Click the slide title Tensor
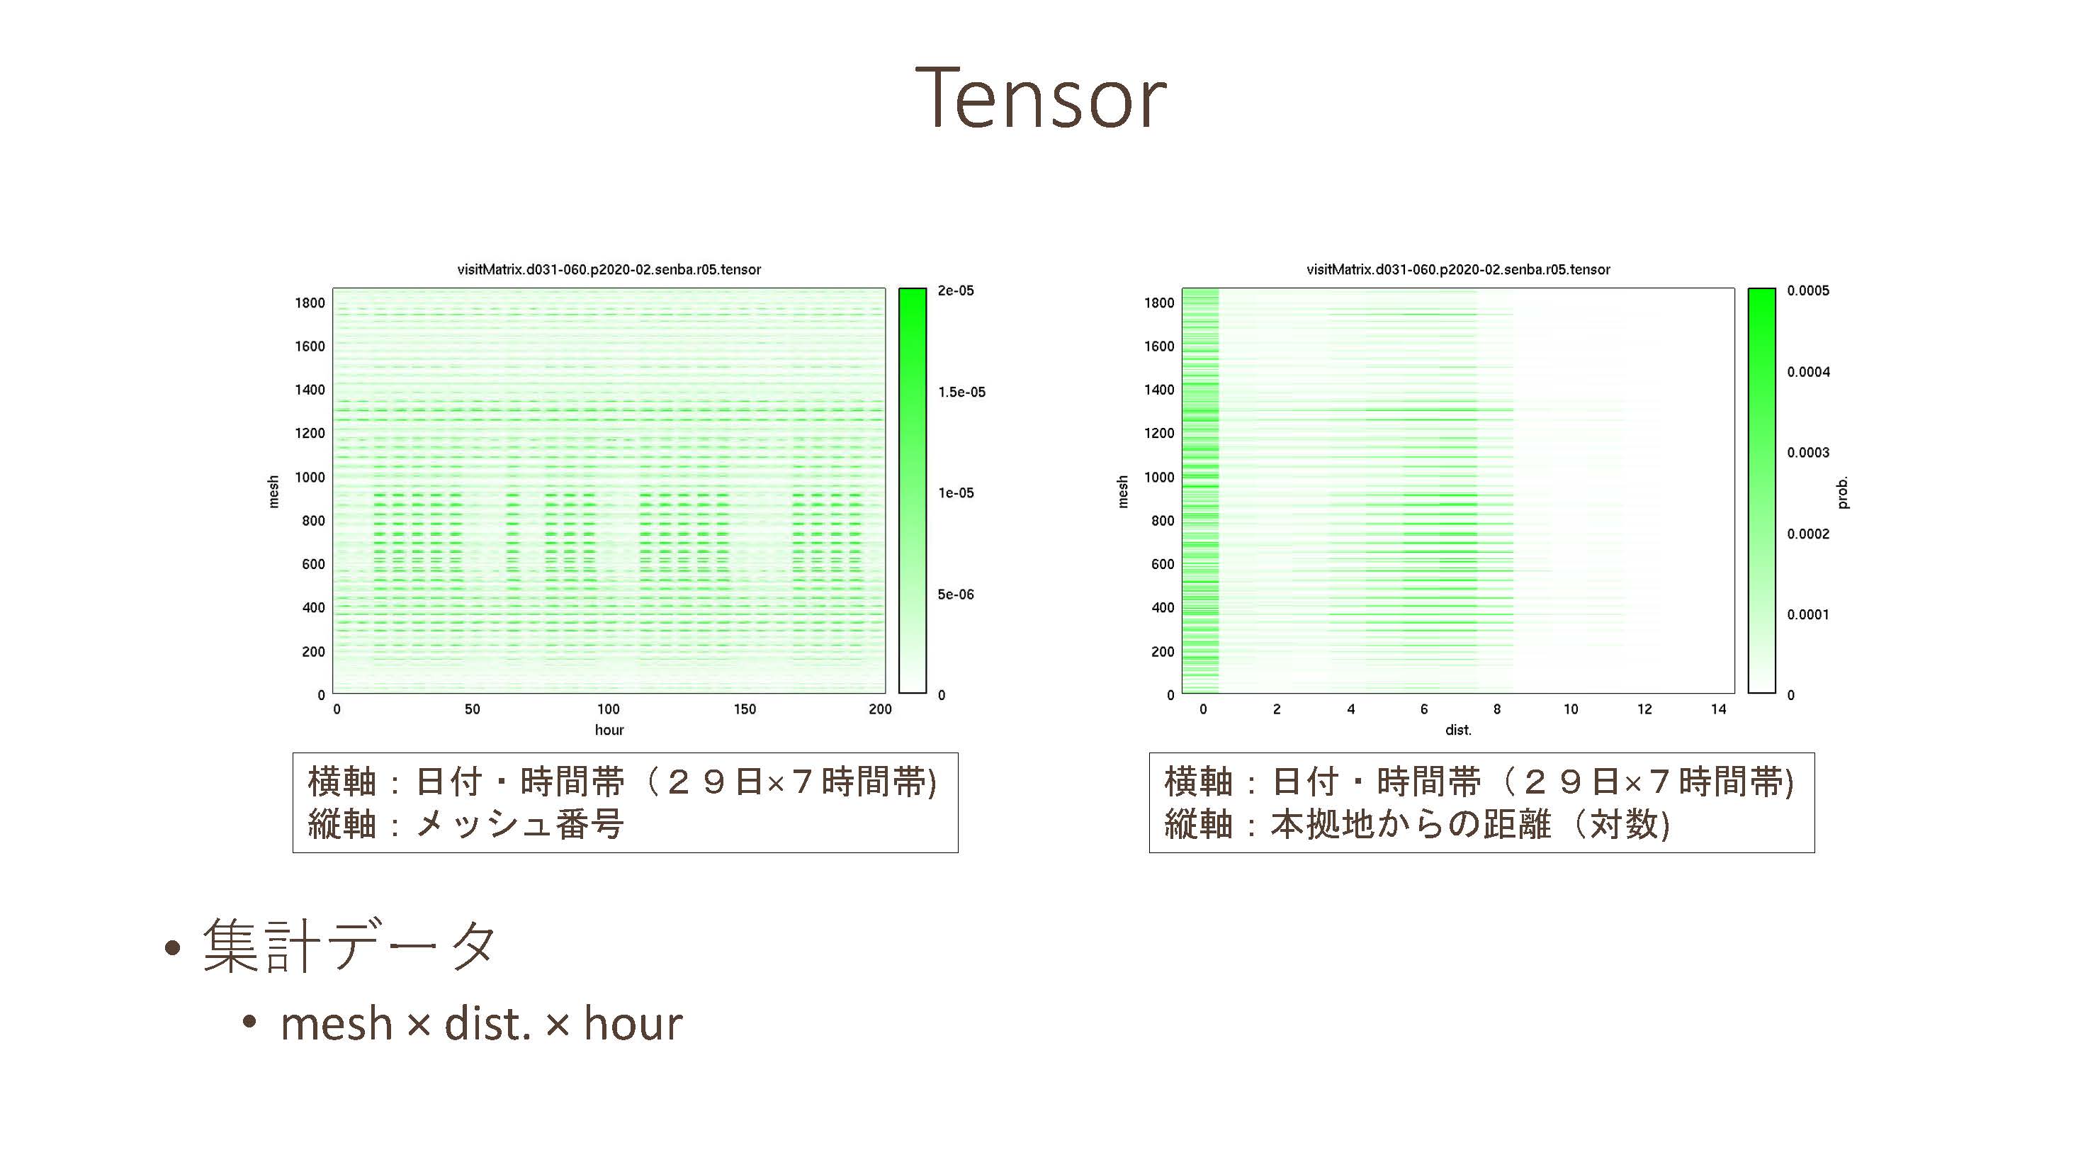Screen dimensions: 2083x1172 1041,98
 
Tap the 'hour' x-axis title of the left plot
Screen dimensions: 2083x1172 609,730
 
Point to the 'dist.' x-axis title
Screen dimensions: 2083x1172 1458,730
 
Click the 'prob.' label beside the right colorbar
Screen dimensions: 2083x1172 1842,492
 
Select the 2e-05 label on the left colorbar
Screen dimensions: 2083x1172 956,291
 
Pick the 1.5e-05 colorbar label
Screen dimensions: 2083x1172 961,393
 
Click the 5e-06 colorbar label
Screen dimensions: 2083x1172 956,595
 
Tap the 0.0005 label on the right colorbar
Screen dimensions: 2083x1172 1808,291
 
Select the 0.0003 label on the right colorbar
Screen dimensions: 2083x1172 1808,452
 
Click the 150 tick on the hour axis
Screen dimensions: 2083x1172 745,709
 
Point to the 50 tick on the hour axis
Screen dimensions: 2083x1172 473,709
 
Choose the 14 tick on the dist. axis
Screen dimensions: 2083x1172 1718,709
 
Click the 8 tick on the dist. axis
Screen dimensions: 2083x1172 1497,709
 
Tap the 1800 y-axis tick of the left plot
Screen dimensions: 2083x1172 310,303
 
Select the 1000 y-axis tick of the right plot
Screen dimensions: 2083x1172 1158,477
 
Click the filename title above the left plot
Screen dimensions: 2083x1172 609,269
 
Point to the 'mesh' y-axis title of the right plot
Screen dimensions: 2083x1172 1122,492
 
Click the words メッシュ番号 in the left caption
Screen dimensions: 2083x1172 519,824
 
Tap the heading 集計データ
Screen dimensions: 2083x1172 349,945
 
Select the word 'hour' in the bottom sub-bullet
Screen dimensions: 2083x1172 633,1023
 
